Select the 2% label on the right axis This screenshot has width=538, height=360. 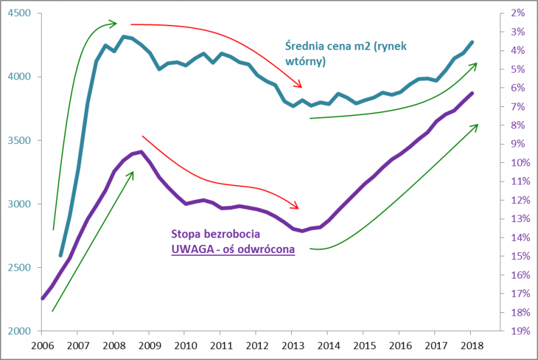[x=518, y=13]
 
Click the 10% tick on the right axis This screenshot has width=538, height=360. [x=518, y=163]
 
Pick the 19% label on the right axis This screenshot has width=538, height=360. [x=518, y=331]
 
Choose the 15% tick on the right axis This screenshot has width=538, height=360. [x=518, y=256]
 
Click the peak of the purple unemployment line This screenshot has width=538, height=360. [x=140, y=151]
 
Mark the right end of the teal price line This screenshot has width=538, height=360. [x=472, y=42]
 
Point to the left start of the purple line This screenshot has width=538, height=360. [x=42, y=298]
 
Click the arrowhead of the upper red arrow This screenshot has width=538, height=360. [x=301, y=87]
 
